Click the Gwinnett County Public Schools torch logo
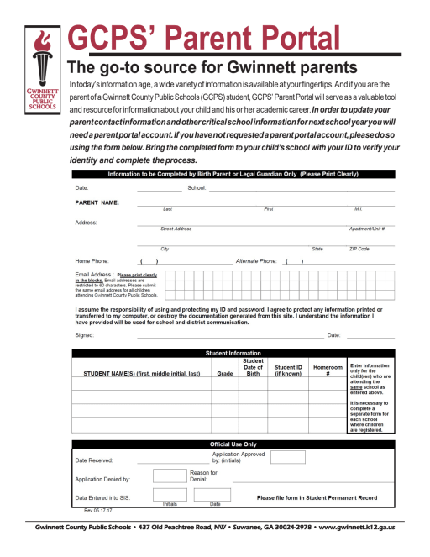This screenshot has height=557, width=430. pos(39,71)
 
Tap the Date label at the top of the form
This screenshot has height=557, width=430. pos(81,187)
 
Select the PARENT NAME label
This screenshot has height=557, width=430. pos(97,202)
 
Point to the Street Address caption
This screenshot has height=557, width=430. pos(176,229)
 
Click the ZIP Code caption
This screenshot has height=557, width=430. pos(359,249)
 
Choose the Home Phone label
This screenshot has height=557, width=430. pos(92,261)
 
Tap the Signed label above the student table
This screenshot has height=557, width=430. pos(84,334)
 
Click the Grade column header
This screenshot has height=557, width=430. pos(224,373)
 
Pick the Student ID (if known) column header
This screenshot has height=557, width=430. pos(288,370)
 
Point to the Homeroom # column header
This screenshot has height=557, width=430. pos(328,370)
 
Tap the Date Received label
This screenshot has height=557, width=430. pos(94,460)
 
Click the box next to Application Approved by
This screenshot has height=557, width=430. pos(287,457)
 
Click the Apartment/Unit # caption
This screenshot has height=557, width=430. pos(366,229)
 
